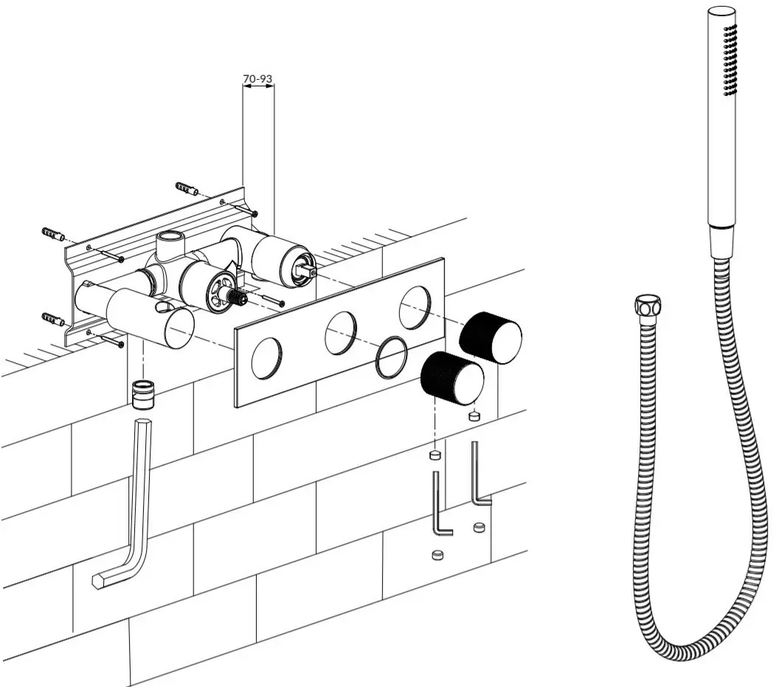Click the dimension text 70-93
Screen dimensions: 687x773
coord(258,77)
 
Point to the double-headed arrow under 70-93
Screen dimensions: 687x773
coord(258,86)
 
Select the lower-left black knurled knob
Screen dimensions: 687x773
coord(452,376)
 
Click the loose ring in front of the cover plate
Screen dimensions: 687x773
coord(390,356)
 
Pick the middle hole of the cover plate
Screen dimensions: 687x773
coord(341,332)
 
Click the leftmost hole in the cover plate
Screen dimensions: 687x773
coord(266,360)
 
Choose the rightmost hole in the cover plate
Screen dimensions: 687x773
coord(415,307)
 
